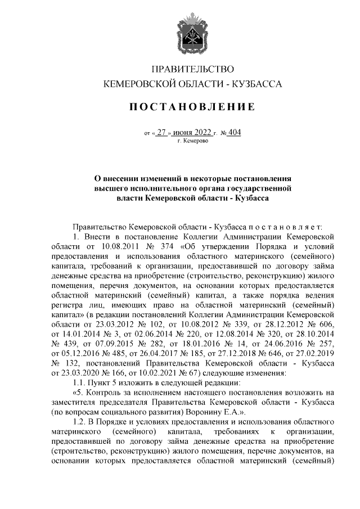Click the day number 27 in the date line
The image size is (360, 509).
(x=162, y=133)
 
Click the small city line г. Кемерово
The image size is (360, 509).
(x=193, y=141)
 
